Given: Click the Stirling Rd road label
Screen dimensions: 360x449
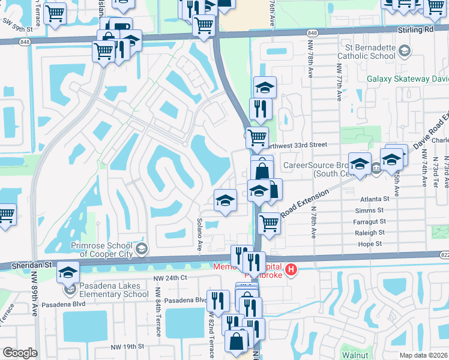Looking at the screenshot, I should coord(415,29).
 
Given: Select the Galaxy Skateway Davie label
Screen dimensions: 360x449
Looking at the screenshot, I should coord(408,79).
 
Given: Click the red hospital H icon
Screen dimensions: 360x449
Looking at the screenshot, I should coord(291,268).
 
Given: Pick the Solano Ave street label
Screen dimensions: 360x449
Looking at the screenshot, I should coord(199,235).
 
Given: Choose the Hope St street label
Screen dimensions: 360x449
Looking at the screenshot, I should coord(370,244).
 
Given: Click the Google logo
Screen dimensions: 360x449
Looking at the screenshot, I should coord(20,353).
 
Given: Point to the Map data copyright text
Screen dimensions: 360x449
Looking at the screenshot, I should coord(423,355).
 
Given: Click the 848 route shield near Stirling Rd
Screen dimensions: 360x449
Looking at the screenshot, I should coord(312,32).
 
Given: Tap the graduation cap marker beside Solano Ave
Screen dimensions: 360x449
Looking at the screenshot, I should coord(225,200).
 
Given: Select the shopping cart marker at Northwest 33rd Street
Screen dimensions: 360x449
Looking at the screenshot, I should coord(257,137).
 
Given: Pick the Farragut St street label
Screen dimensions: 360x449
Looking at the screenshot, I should coord(370,221).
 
